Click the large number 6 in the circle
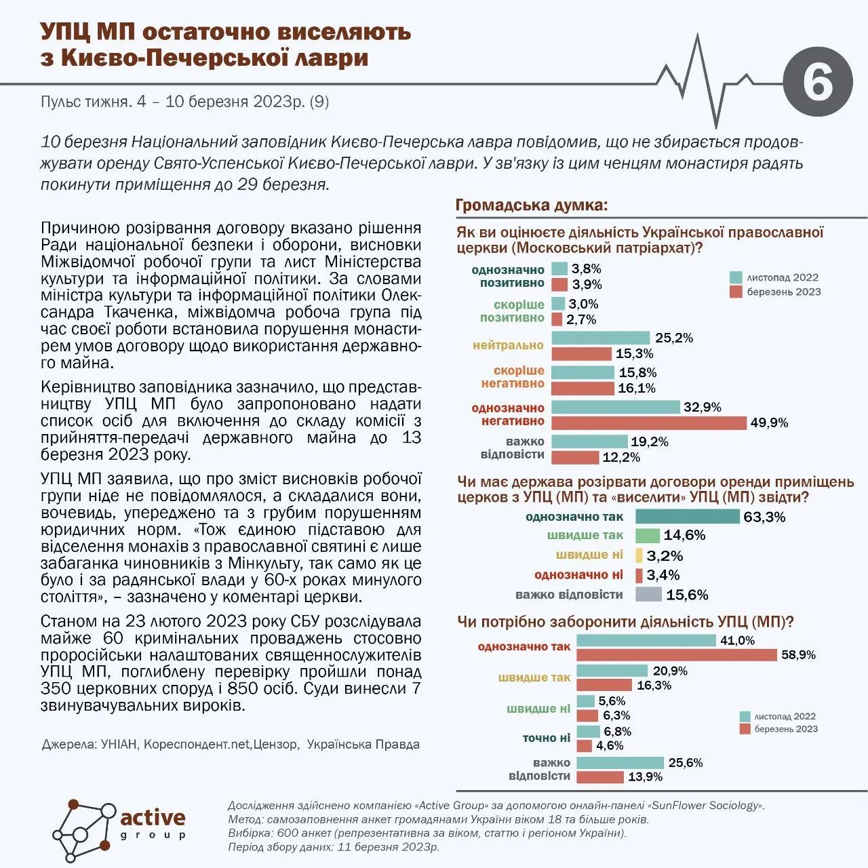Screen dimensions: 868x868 (817, 83)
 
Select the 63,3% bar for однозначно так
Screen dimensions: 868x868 (687, 517)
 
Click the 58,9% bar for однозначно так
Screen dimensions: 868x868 (676, 655)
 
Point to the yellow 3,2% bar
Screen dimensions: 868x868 (639, 555)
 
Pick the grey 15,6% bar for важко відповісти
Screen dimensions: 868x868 (648, 595)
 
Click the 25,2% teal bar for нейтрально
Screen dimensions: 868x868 (600, 338)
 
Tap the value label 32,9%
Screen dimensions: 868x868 (703, 408)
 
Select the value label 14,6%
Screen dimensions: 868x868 (684, 536)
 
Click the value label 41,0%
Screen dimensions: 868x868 (737, 640)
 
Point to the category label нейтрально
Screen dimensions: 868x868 (508, 345)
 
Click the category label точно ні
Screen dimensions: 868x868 (546, 738)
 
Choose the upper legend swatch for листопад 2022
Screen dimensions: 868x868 (736, 277)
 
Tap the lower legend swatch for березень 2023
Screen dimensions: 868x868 (745, 729)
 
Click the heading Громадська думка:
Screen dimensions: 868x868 (531, 205)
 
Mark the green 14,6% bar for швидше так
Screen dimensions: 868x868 (648, 536)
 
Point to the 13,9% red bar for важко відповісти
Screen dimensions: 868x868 (599, 777)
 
